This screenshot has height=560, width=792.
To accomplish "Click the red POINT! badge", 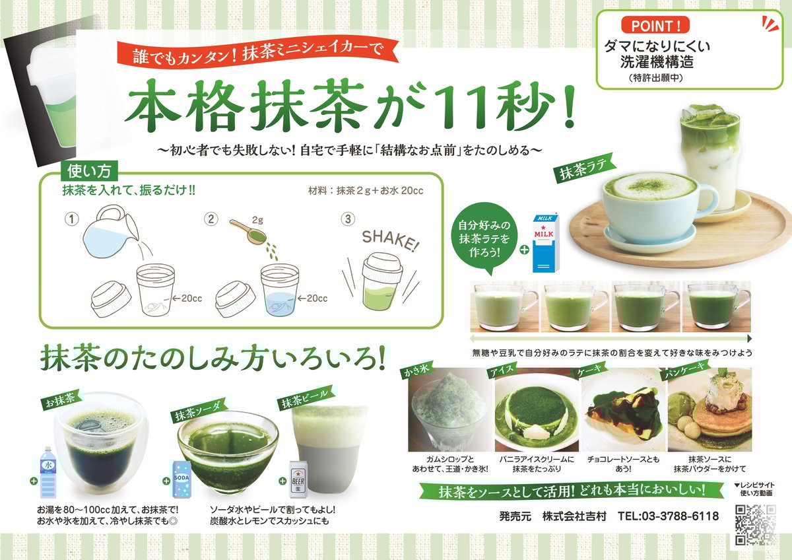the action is tap(655, 26).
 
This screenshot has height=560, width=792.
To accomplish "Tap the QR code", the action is tap(756, 525).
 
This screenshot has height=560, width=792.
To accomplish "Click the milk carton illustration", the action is tap(546, 242).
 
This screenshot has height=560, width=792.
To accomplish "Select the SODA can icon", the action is tap(181, 479).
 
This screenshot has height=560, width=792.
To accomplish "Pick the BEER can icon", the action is tap(298, 479).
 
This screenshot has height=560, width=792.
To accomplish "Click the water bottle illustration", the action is tap(48, 473).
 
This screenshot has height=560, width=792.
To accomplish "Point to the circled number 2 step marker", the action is tap(211, 219).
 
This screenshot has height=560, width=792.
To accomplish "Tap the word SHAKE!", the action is tap(390, 241).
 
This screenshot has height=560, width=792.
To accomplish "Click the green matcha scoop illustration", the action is tap(249, 231).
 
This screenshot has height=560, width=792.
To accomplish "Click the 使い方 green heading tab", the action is tap(89, 172).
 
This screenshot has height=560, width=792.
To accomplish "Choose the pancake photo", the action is tap(709, 409).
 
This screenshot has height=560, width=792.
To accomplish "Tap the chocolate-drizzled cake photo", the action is tap(623, 409).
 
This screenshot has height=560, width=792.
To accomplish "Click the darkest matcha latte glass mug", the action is tap(716, 306).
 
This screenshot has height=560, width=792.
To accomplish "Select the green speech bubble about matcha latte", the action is tap(484, 238).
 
